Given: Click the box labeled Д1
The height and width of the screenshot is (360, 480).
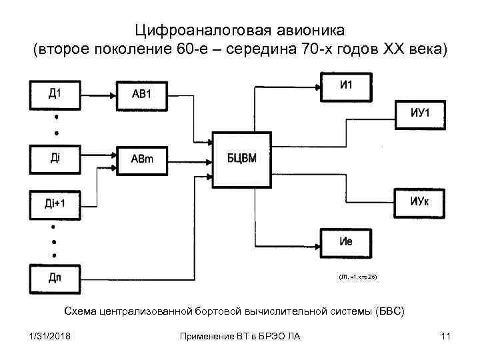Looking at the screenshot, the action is pos(54,93).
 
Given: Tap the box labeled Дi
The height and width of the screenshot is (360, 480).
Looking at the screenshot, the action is pos(54,158).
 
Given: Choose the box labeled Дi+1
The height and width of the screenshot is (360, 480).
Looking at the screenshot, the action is pos(54,203).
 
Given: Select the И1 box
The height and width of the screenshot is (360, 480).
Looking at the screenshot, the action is pos(346,86).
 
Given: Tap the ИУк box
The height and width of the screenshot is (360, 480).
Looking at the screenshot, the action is pos(421,201).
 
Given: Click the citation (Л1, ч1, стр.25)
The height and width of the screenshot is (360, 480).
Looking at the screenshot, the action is pos(357,276).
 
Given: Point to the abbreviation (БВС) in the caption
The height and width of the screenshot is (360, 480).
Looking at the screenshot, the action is pos(390,311).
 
